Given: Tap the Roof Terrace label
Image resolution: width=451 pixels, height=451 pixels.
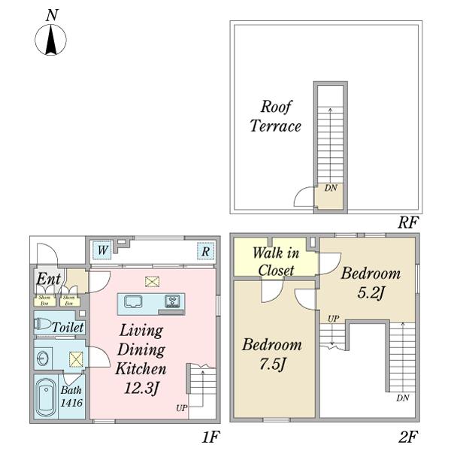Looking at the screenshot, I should point(275,116).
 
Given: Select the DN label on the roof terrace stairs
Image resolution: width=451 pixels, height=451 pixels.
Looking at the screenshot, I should point(331,188).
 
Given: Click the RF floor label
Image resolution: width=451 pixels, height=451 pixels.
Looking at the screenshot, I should point(408,223).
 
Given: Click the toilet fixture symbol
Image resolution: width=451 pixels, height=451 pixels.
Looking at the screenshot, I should point(44,326).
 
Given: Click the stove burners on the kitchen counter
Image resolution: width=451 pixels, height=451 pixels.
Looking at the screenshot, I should point(172,302).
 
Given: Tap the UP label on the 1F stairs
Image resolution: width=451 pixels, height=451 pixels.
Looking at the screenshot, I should point(181,408).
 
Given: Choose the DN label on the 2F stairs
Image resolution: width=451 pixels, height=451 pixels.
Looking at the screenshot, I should point(403,397).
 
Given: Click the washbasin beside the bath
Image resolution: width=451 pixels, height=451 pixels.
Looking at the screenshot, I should point(42,357).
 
